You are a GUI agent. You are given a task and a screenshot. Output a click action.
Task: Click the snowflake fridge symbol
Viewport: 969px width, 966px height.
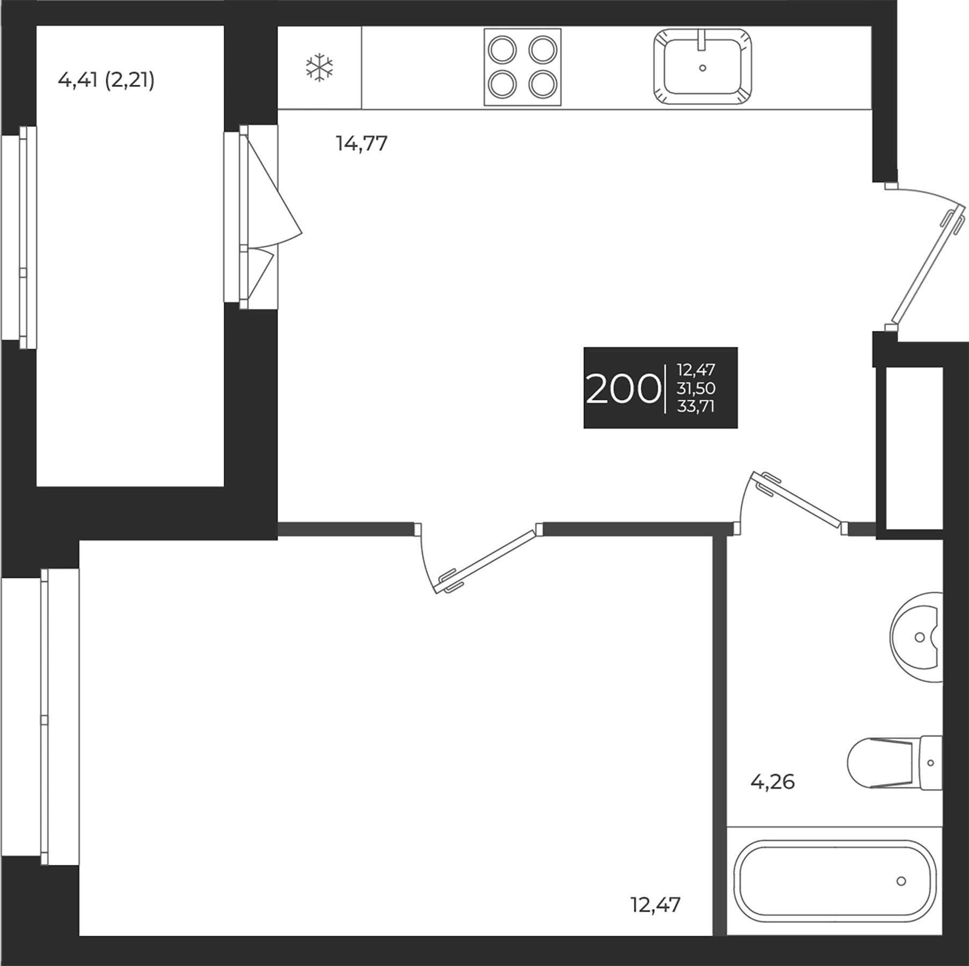[x=319, y=68]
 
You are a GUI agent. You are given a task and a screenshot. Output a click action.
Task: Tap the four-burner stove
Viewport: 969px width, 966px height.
[x=522, y=67]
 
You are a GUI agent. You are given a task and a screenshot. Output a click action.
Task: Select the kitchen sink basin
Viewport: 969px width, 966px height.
[x=702, y=67]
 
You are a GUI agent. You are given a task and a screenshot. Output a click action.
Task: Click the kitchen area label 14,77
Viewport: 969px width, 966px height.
[x=362, y=144]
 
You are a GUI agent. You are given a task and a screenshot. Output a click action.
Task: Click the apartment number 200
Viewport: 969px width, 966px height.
[x=623, y=389]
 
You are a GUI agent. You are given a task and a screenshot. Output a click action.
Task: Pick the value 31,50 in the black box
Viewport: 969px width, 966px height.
[x=696, y=388]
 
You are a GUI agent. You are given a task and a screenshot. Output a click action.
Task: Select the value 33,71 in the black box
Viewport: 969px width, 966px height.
[x=696, y=406]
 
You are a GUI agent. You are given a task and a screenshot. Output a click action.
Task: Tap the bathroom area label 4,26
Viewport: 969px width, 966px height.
[x=772, y=782]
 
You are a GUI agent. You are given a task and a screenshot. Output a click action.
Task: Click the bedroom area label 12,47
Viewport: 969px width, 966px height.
[x=655, y=905]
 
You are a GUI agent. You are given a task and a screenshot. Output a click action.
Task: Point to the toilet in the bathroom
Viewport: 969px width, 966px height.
[x=895, y=763]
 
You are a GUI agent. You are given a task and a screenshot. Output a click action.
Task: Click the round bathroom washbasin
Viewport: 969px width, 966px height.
[x=917, y=637]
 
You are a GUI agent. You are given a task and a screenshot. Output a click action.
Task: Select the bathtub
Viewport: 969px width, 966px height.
[x=835, y=881]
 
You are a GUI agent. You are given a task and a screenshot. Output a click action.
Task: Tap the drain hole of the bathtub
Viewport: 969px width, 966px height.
[x=901, y=881]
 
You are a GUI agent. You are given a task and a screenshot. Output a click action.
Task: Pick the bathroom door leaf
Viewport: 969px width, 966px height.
[x=797, y=499]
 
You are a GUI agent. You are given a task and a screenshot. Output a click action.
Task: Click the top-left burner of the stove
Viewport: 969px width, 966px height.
[x=502, y=50]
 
